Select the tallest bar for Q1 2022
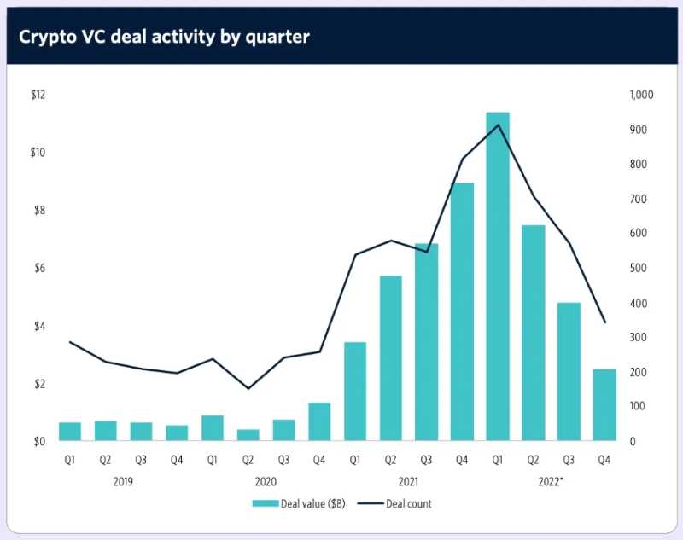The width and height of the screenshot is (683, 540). (498, 277)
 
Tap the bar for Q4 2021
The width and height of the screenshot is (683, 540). (462, 312)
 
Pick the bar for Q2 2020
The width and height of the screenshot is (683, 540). (248, 435)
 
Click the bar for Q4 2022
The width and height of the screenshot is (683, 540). (604, 405)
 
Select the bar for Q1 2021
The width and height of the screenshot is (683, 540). (355, 392)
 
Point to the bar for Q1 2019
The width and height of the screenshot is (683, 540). (70, 432)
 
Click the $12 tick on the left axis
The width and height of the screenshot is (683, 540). (37, 96)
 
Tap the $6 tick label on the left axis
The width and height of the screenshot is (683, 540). (37, 269)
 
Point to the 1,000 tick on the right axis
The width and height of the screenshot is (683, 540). (639, 96)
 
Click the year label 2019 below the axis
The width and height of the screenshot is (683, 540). (123, 480)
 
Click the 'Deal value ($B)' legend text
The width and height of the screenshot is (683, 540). (312, 504)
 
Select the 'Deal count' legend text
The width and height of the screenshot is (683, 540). (409, 504)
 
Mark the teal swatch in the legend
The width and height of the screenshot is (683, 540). (265, 504)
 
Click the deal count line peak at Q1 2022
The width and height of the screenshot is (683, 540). (498, 125)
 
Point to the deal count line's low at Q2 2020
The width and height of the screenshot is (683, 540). (248, 389)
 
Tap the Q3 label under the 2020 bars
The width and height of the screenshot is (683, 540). (283, 460)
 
